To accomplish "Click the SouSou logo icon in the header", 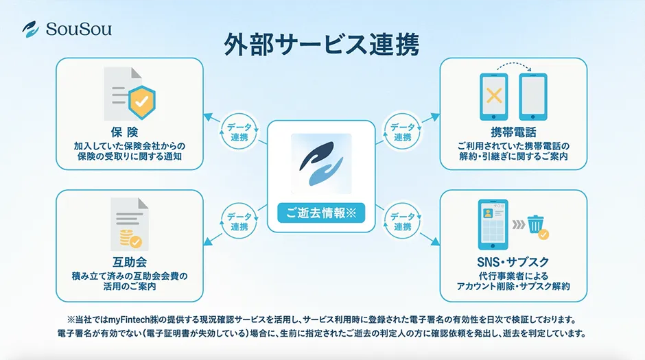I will [30, 29].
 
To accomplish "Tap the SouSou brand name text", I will [78, 29].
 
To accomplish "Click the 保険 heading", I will [129, 133].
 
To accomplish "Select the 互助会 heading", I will [129, 262].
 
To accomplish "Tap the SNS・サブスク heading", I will [513, 262].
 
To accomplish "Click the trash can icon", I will [536, 223].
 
